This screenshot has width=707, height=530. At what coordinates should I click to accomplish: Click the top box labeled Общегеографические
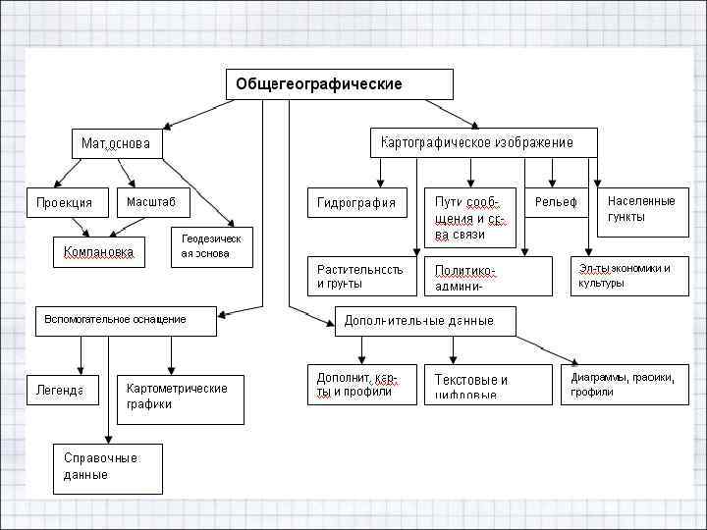[341, 84]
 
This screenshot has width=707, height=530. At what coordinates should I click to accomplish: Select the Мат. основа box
[116, 143]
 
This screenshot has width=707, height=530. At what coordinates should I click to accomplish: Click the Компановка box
[98, 252]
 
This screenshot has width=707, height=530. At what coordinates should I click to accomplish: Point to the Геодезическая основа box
[211, 247]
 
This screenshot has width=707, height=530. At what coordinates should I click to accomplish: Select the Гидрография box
[356, 203]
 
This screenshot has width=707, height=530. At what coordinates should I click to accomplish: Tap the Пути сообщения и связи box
[469, 218]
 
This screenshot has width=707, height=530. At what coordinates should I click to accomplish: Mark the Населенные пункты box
[642, 210]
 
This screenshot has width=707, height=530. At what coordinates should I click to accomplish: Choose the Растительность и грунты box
[361, 276]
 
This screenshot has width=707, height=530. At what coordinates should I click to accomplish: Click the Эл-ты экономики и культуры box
[629, 276]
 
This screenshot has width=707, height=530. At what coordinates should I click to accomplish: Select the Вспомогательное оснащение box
[127, 321]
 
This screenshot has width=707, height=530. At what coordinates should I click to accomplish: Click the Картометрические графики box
[180, 397]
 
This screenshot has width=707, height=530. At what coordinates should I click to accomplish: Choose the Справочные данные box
[108, 468]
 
